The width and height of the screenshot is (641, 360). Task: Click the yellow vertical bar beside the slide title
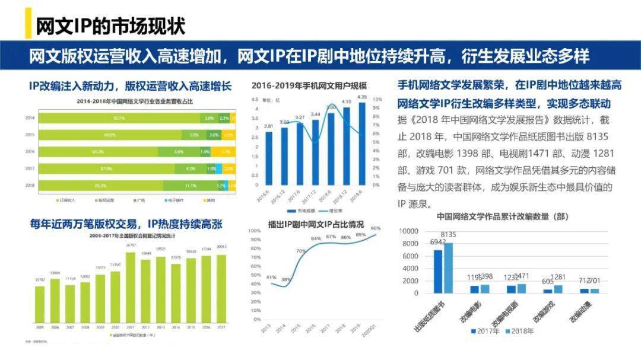(x=28, y=24)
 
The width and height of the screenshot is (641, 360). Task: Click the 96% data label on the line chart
(x=375, y=228)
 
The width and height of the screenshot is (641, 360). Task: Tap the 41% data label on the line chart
(x=271, y=277)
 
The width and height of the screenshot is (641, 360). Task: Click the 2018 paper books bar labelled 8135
(x=448, y=267)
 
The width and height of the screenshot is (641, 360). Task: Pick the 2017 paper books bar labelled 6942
(x=438, y=271)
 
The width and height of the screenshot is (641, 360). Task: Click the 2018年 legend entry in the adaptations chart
(x=520, y=331)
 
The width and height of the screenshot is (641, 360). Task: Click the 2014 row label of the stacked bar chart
(x=29, y=118)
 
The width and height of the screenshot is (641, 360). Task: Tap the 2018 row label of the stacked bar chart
(x=29, y=185)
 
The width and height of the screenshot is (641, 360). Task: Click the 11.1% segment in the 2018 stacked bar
(x=190, y=185)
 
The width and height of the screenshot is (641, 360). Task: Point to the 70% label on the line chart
(x=301, y=251)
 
